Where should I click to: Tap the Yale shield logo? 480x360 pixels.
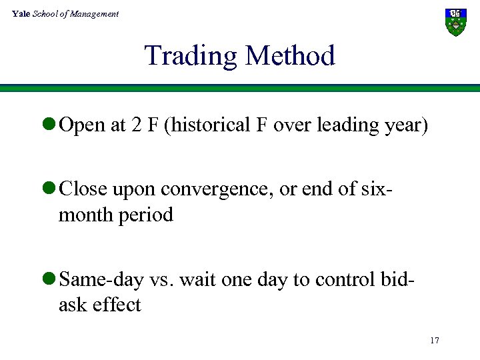(456, 22)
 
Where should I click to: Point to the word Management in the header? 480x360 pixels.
(95, 13)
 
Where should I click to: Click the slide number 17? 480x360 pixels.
(434, 341)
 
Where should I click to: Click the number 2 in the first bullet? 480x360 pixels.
(135, 125)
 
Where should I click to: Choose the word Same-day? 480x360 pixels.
(101, 280)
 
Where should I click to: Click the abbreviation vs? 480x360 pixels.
(160, 280)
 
